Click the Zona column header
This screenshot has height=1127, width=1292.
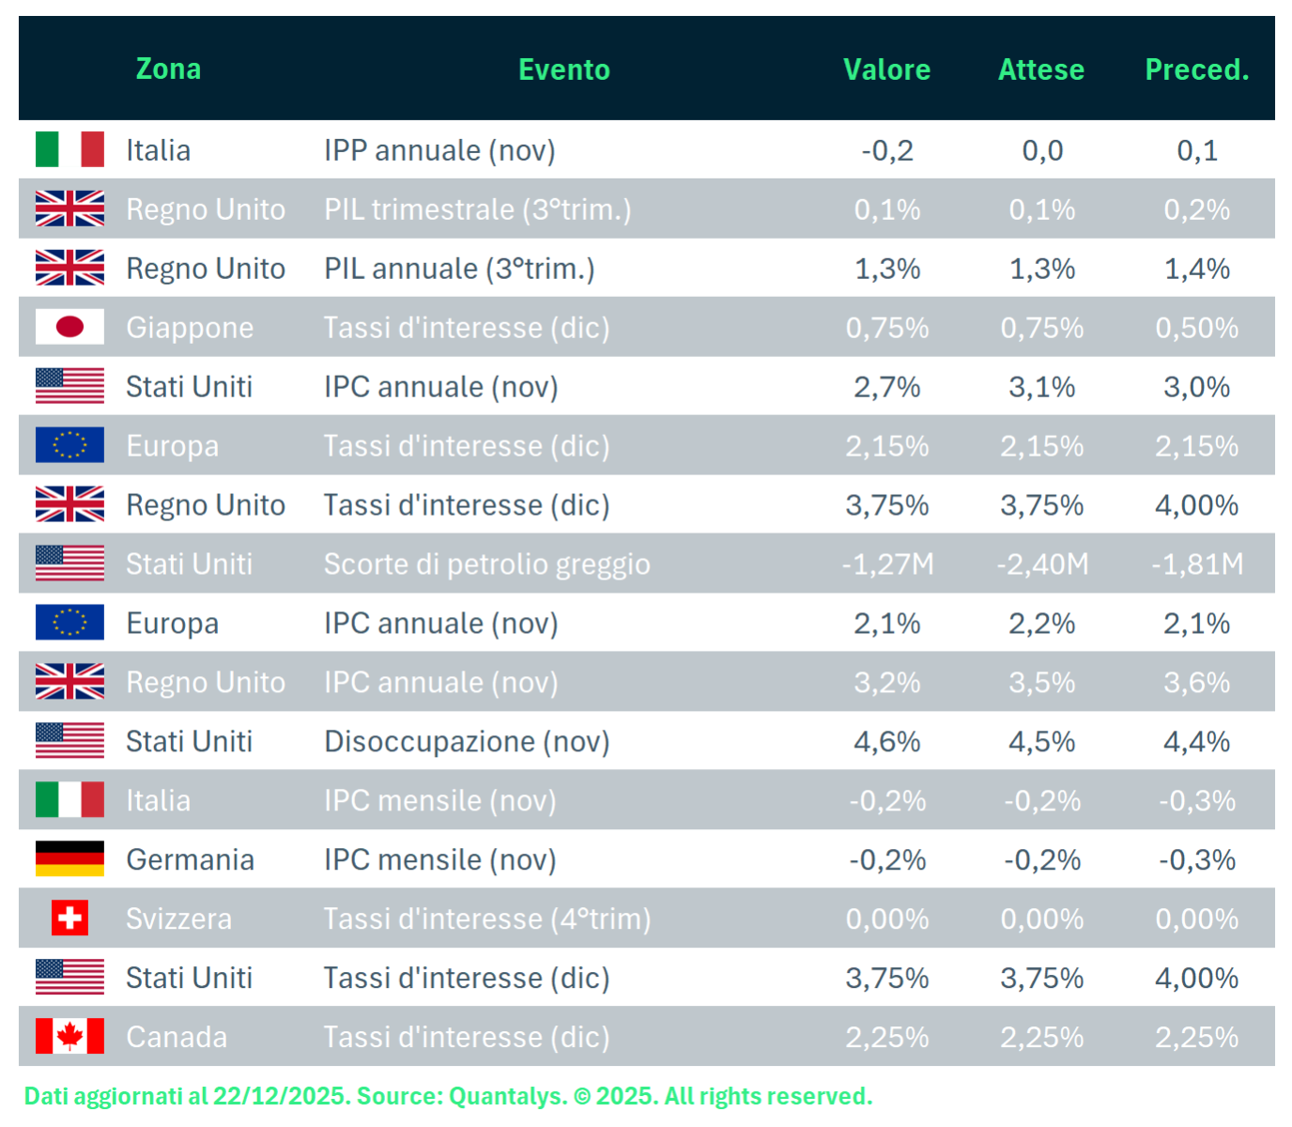point(168,69)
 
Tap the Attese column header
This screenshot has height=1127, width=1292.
point(1041,69)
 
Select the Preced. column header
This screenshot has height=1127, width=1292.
point(1197,69)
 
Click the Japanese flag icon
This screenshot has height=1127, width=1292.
point(69,327)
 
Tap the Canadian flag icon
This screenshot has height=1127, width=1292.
point(69,1037)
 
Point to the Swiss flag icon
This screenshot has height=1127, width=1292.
point(69,919)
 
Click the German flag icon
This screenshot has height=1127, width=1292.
point(69,859)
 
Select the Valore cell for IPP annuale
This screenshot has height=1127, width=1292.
point(887,150)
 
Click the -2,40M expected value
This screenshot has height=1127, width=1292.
point(1042,564)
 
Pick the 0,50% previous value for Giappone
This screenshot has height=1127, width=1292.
point(1197,328)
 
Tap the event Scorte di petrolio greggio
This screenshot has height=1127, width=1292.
point(486,564)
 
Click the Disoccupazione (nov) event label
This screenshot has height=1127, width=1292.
point(467,742)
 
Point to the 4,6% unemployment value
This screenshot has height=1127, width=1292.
point(887,742)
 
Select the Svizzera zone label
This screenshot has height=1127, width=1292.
point(178,919)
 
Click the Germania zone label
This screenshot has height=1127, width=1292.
point(190,859)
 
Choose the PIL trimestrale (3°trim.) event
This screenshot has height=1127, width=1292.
point(477,209)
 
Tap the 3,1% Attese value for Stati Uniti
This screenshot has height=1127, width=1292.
point(1042,387)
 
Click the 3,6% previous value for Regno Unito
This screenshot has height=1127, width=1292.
point(1197,683)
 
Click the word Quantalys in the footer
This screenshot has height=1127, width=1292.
point(508,1096)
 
